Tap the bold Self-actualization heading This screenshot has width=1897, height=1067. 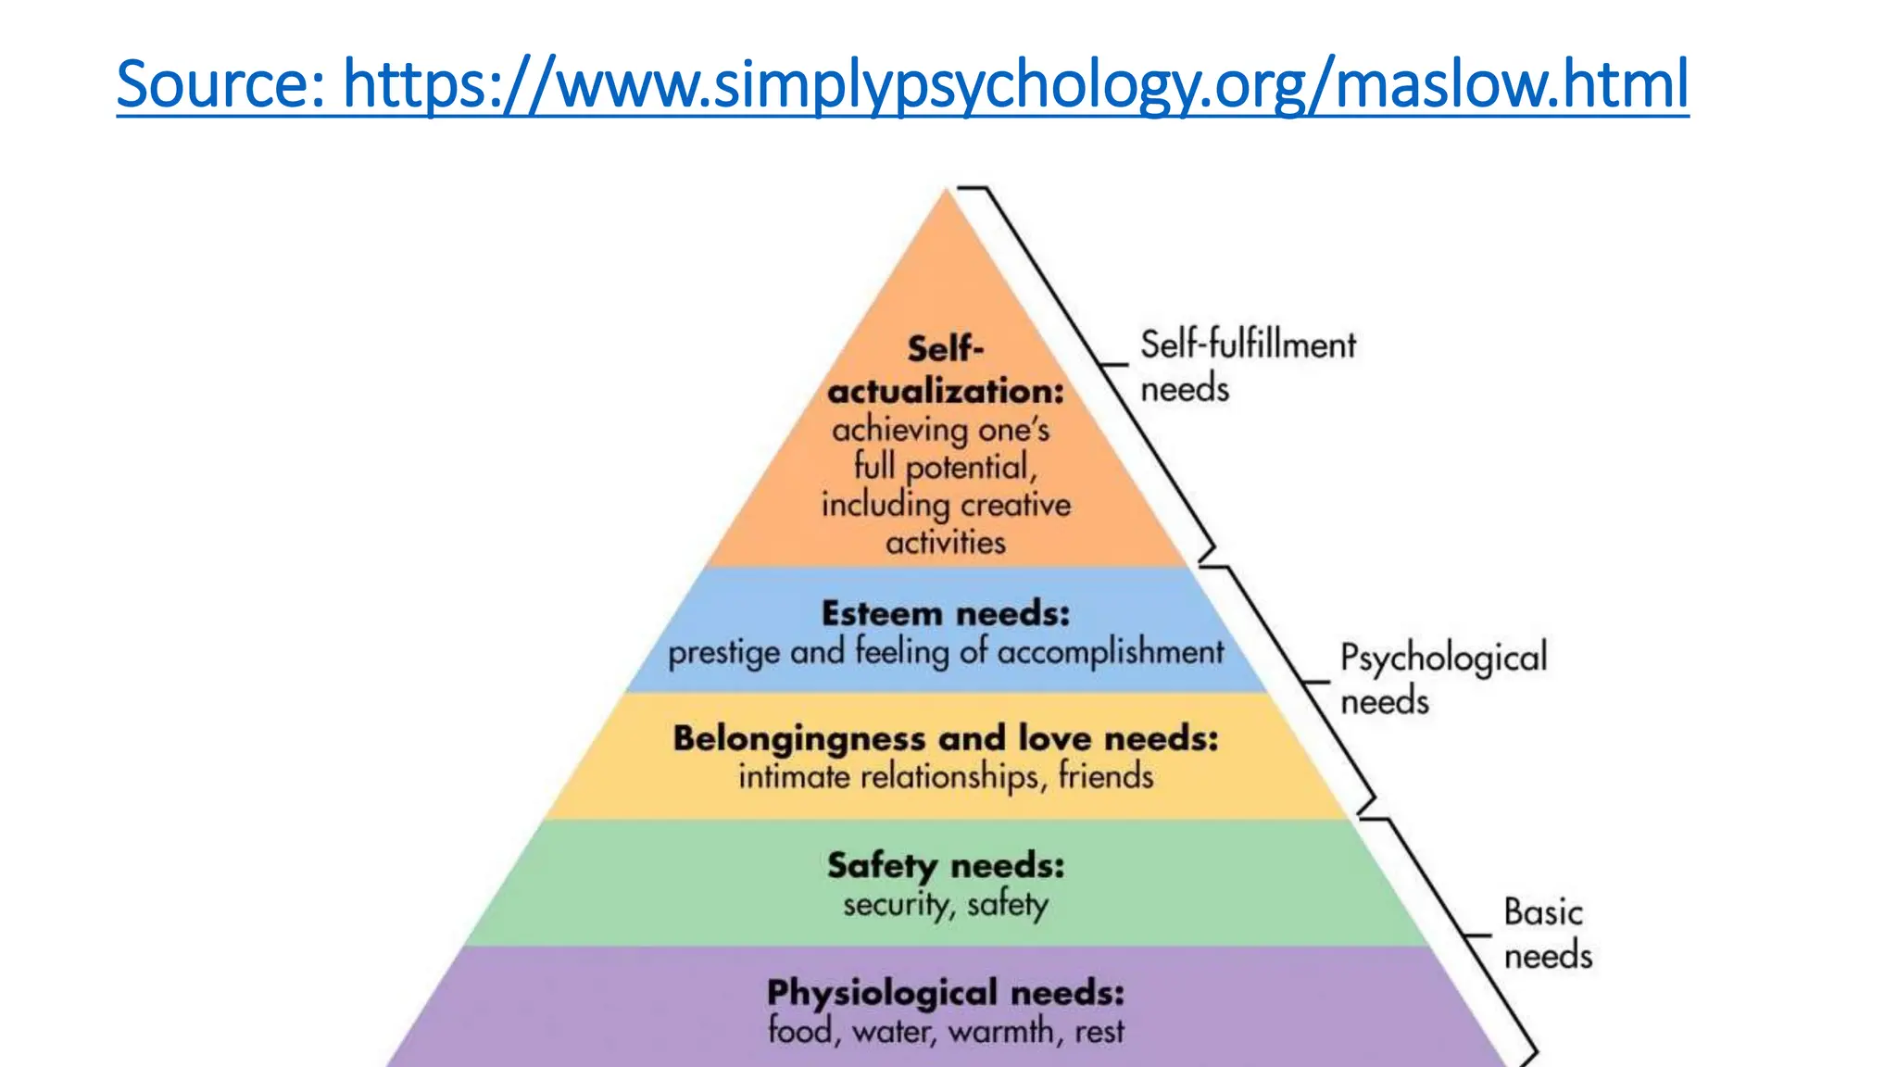pyautogui.click(x=946, y=370)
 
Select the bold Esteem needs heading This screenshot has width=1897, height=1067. pyautogui.click(x=946, y=613)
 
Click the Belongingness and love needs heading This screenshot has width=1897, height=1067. pyautogui.click(x=946, y=738)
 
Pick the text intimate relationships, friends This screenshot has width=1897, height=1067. pyautogui.click(x=946, y=776)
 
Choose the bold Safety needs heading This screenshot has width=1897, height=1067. pyautogui.click(x=946, y=865)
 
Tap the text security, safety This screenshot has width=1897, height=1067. pyautogui.click(x=946, y=904)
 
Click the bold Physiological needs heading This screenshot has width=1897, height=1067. pyautogui.click(x=946, y=993)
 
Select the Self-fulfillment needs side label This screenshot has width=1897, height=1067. pyautogui.click(x=1247, y=366)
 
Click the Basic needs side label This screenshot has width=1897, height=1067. pyautogui.click(x=1547, y=934)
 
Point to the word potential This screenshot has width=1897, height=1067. pyautogui.click(x=969, y=468)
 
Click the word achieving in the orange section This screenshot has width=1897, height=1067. pyautogui.click(x=886, y=430)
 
